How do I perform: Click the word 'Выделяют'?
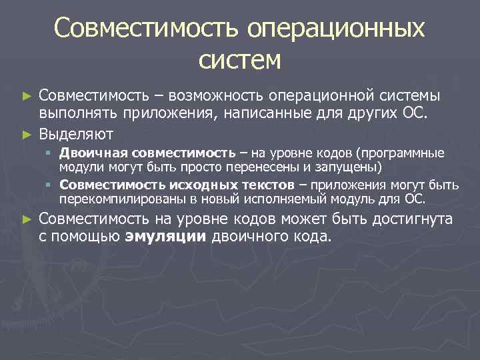coord(75,133)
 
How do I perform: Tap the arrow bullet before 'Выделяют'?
coord(27,134)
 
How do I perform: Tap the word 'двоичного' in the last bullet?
coord(246,236)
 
